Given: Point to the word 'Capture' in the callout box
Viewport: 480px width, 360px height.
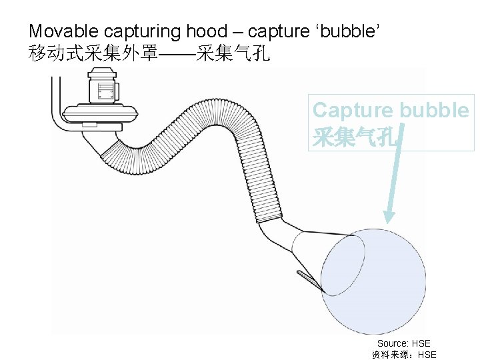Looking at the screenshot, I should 351,110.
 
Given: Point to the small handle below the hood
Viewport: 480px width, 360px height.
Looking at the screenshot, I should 307,277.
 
